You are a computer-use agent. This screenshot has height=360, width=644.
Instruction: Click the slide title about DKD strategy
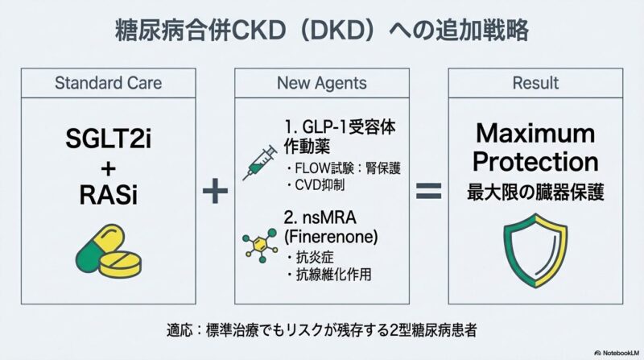pyautogui.click(x=322, y=31)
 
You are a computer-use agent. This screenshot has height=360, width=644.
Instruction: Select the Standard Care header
pyautogui.click(x=108, y=83)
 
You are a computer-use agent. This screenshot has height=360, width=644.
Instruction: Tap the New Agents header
pyautogui.click(x=321, y=83)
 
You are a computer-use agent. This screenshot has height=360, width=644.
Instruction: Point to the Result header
pyautogui.click(x=535, y=83)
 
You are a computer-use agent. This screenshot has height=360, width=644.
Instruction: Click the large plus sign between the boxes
pyautogui.click(x=213, y=192)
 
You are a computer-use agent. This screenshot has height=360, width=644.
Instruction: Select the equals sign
pyautogui.click(x=428, y=192)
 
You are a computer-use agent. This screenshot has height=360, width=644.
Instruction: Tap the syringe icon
pyautogui.click(x=260, y=161)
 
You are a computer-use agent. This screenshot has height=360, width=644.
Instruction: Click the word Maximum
pyautogui.click(x=535, y=133)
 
